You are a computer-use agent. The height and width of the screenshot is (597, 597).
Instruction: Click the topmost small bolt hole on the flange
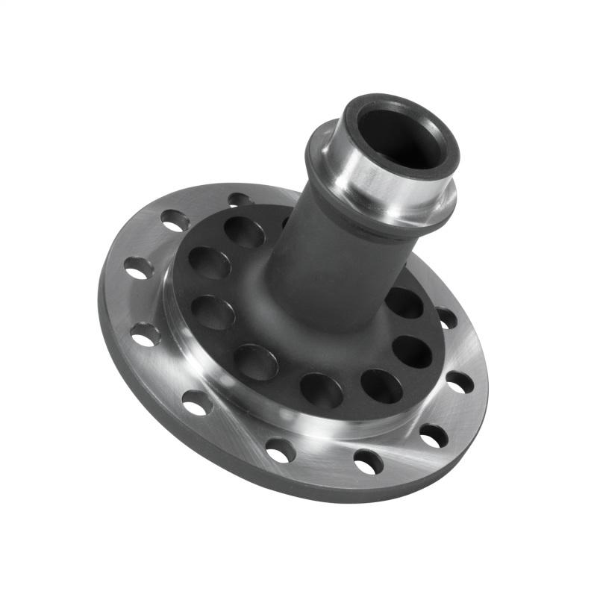pos(240,199)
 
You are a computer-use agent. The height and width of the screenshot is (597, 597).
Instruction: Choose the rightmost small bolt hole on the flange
pos(460,382)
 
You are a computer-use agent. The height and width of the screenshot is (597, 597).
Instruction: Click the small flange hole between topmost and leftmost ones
pos(175,220)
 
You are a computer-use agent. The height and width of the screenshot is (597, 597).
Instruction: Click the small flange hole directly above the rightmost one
pos(446,318)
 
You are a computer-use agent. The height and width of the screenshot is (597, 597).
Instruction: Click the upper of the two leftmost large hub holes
pos(209,263)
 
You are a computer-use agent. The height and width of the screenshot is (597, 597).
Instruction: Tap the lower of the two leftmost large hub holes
pos(213,312)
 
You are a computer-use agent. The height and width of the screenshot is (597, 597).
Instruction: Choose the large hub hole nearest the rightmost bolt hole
pos(412,351)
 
